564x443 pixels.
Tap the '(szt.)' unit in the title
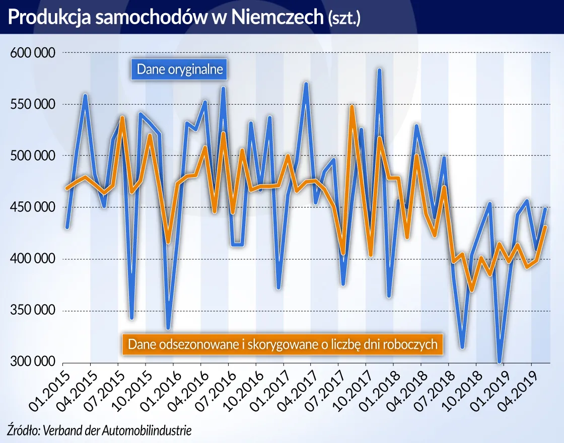(x=344, y=18)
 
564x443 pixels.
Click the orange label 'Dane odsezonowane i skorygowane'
(x=282, y=344)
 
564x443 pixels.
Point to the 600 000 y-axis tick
(x=33, y=52)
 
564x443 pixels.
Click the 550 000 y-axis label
(x=33, y=104)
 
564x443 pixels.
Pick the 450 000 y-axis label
(x=33, y=207)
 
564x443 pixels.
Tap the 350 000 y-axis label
(x=33, y=310)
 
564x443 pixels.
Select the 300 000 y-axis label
(x=33, y=362)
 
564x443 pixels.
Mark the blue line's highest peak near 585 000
(x=380, y=70)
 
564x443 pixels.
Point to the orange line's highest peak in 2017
(x=352, y=107)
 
